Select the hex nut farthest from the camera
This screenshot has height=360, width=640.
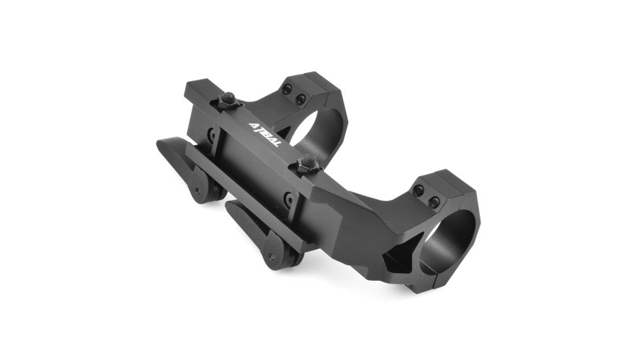click(228, 100)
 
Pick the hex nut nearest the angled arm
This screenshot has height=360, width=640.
click(306, 164)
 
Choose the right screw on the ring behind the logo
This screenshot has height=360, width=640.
click(300, 99)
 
